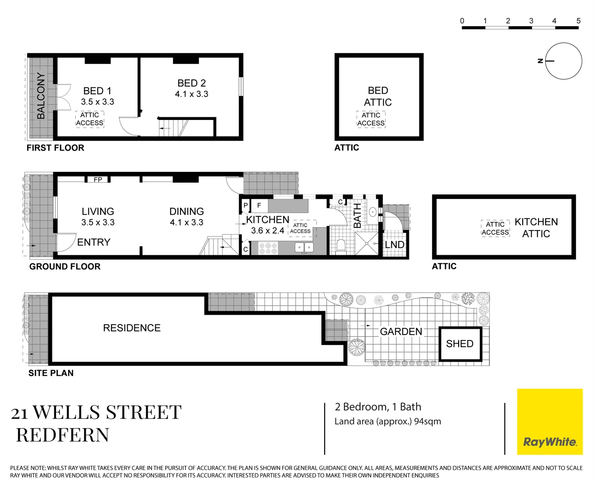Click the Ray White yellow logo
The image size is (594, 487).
click(549, 422)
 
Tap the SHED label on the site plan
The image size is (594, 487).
click(459, 344)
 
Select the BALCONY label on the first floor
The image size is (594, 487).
click(41, 96)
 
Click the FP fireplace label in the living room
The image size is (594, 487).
click(98, 179)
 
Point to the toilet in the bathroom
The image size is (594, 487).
click(341, 247)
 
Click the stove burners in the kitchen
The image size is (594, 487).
click(268, 248)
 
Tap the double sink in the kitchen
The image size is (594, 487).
click(304, 248)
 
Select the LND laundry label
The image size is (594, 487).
click(394, 244)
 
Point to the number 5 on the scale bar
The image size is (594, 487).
click(579, 21)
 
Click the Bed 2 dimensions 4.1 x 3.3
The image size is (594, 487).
click(191, 94)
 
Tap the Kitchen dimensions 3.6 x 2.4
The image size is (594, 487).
click(268, 231)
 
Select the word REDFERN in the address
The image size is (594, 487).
click(63, 435)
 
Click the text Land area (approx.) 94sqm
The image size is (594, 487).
click(388, 422)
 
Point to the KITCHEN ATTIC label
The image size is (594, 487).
click(536, 228)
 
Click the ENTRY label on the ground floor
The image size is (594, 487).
click(94, 242)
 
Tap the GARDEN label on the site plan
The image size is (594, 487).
click(401, 331)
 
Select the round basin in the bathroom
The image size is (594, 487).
click(372, 212)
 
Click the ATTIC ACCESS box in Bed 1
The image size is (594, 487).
click(90, 119)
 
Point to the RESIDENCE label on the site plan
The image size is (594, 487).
click(132, 328)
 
